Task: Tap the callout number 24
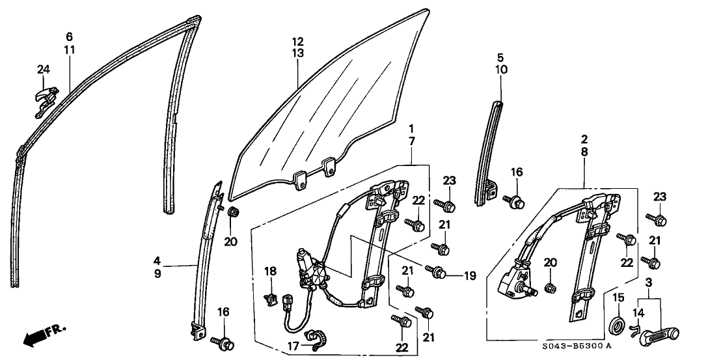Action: coord(43,70)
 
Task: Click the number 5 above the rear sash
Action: coord(500,57)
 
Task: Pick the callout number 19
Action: coord(469,275)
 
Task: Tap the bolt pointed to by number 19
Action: coord(439,269)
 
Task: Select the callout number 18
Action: coord(270,270)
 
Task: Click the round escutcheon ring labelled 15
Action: coord(616,324)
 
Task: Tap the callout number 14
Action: coord(638,312)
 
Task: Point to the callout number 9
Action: coord(158,274)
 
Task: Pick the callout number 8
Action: coord(584,151)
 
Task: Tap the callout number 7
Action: coord(411,141)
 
